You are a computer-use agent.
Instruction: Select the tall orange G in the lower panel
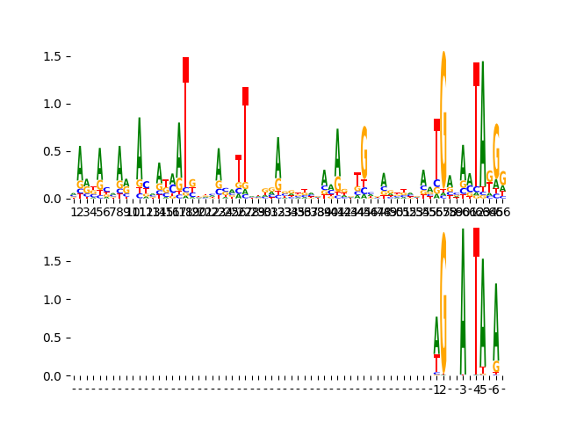(443, 303)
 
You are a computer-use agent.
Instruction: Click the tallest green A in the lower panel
(463, 299)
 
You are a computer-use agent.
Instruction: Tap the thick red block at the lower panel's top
(476, 242)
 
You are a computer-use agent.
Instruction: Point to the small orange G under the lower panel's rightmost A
(496, 367)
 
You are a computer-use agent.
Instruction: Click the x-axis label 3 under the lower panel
(463, 389)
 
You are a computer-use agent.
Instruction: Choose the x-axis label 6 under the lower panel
(495, 389)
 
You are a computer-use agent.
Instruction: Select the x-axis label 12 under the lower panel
(440, 389)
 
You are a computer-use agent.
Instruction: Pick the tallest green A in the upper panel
(483, 114)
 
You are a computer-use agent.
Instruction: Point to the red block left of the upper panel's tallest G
(436, 125)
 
